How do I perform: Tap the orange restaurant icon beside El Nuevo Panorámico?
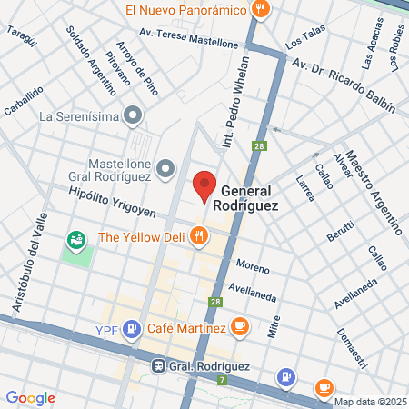[x=262, y=10]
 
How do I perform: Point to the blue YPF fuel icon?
[x=134, y=327]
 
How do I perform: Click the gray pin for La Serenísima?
[x=134, y=115]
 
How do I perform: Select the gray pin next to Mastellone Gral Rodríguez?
[x=165, y=167]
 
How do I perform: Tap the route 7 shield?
[x=221, y=378]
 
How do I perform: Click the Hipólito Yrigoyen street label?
[x=113, y=202]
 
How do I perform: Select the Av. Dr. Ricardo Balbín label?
[x=344, y=85]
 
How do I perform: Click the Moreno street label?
[x=253, y=265]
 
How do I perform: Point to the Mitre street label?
[x=273, y=327]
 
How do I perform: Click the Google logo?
[x=31, y=397]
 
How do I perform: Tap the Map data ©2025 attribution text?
[x=369, y=402]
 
